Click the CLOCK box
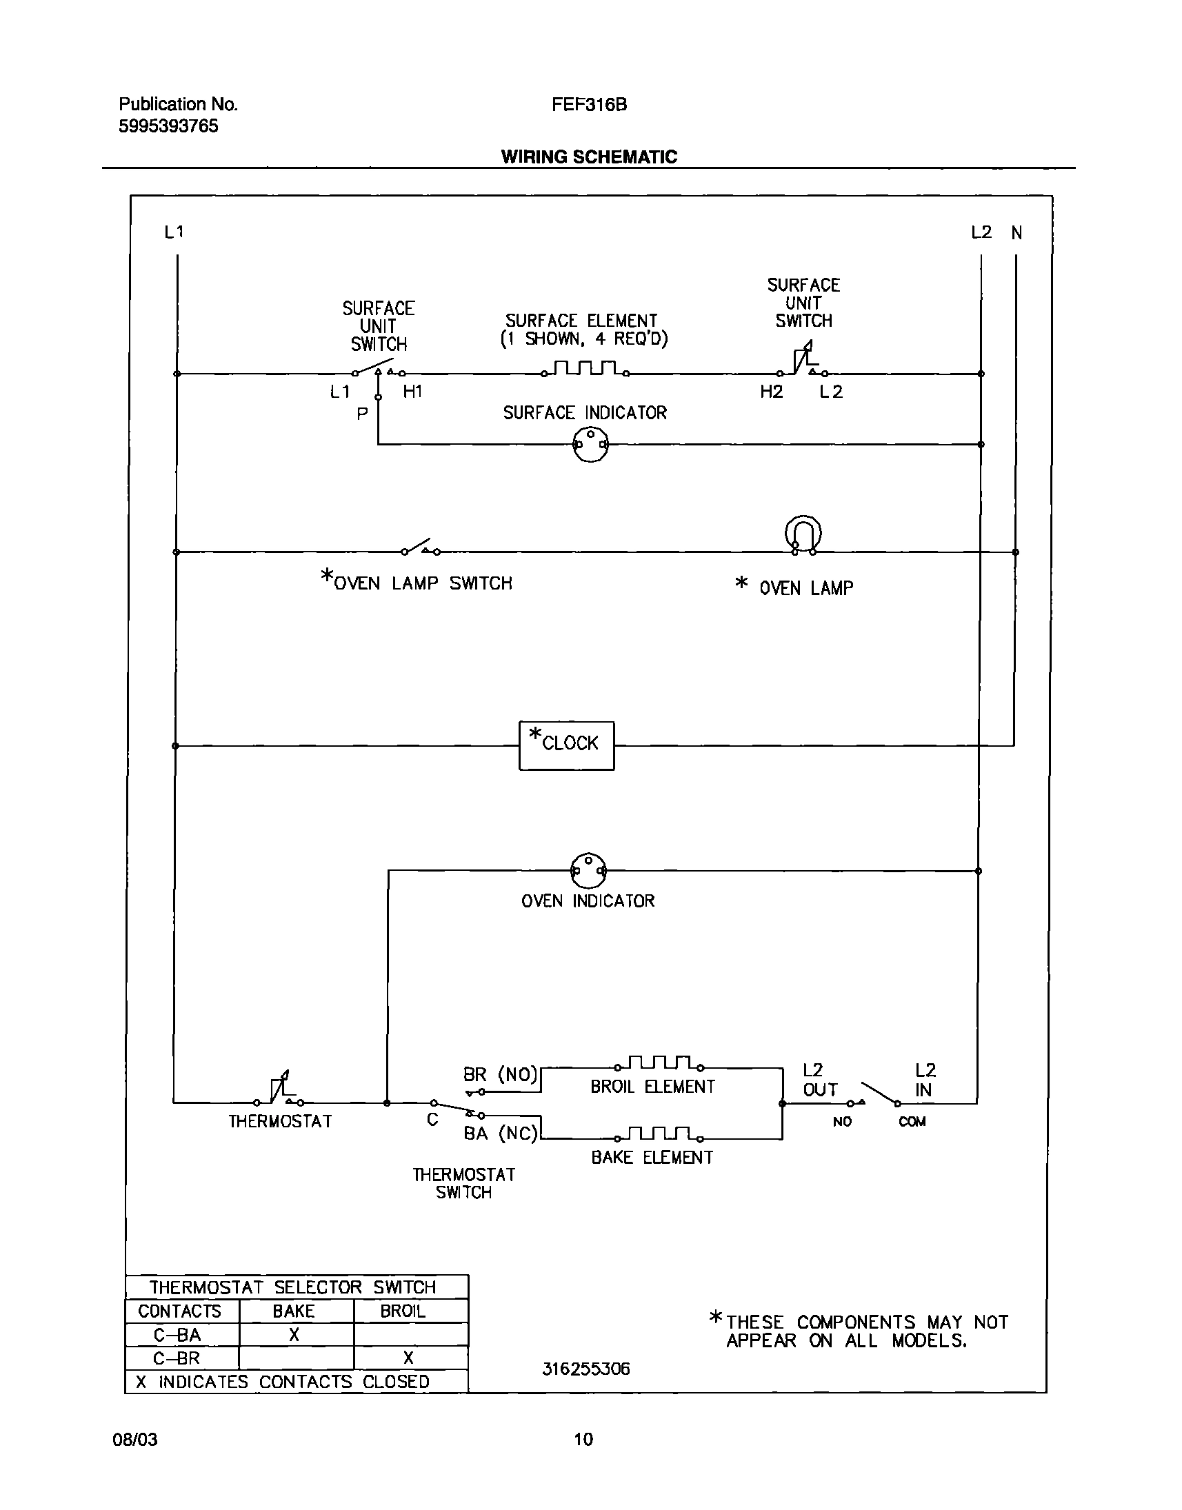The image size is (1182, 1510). [566, 745]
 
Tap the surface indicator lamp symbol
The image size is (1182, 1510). [590, 444]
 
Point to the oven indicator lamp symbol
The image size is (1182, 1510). [588, 870]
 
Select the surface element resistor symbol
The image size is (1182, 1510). [585, 368]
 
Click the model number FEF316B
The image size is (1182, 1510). [589, 105]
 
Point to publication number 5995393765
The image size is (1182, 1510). [168, 126]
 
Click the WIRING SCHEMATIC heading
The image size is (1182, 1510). [589, 157]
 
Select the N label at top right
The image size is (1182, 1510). [1016, 232]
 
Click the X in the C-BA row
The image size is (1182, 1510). [294, 1335]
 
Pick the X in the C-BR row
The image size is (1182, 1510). [408, 1358]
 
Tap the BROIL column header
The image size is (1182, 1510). [402, 1311]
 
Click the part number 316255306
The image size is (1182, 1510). [585, 1369]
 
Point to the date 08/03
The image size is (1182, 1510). [135, 1440]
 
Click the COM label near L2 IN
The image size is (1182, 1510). [912, 1121]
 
